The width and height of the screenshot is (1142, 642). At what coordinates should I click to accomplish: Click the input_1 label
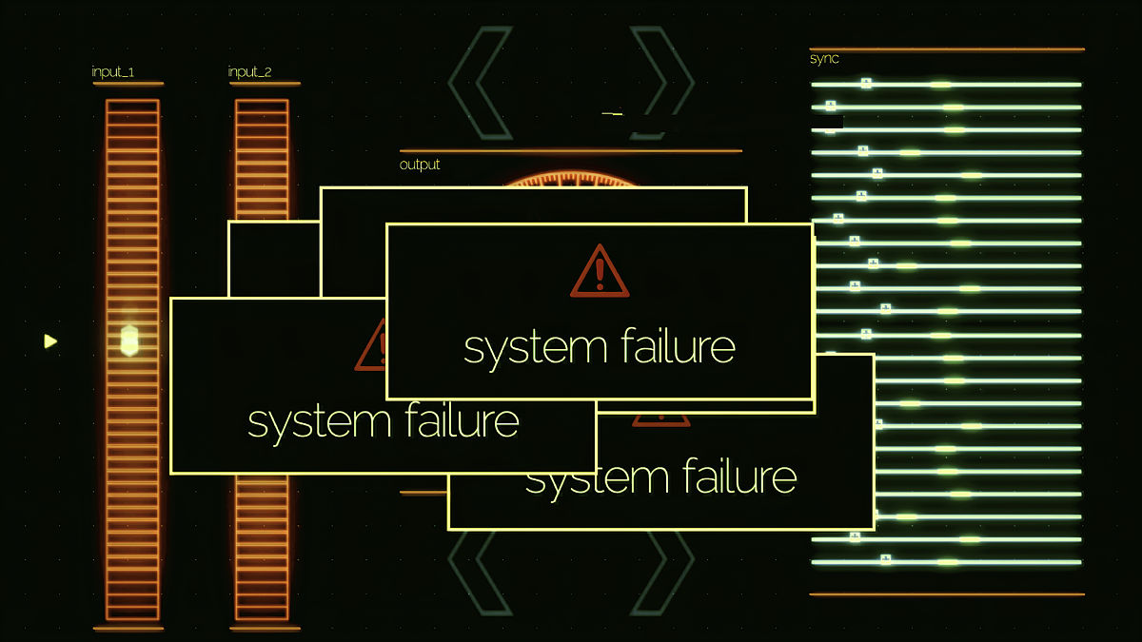[x=112, y=72]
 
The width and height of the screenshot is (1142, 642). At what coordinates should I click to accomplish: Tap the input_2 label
[x=249, y=72]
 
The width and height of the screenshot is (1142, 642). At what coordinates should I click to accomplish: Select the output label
[x=420, y=165]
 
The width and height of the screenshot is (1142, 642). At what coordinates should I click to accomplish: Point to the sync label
[x=824, y=59]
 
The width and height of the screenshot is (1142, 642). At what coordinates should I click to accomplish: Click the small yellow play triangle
[x=49, y=341]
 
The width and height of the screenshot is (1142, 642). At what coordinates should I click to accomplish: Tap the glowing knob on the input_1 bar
[x=129, y=340]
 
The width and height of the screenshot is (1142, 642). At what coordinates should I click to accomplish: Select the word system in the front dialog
[x=535, y=349]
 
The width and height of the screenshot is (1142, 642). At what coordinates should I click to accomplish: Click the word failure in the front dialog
[x=678, y=345]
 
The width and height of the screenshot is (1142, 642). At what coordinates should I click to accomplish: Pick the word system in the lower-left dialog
[x=319, y=423]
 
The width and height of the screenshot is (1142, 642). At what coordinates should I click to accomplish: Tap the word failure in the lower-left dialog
[x=463, y=419]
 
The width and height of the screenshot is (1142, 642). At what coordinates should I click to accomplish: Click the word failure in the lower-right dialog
[x=739, y=476]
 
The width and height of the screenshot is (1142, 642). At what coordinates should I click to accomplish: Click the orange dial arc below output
[x=569, y=179]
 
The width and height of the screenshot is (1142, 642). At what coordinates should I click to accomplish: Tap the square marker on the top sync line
[x=866, y=83]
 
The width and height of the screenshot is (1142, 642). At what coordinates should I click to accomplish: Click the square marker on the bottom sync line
[x=886, y=559]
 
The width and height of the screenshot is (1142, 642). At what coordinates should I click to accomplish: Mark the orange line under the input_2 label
[x=265, y=84]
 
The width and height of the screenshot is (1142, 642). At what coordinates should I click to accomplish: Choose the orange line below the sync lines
[x=947, y=594]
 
